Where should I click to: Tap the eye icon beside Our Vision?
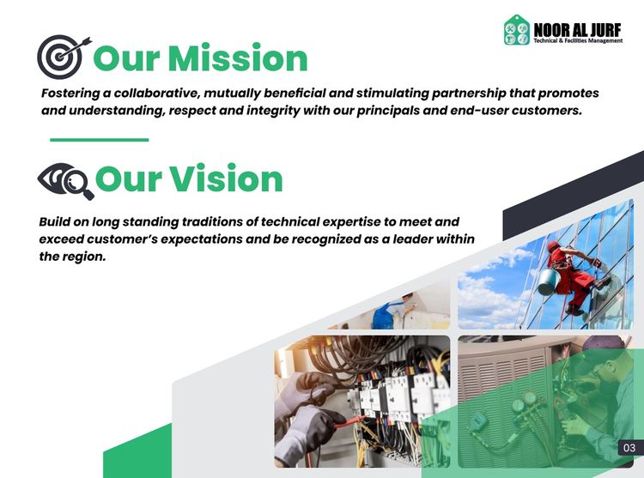(x=66, y=180)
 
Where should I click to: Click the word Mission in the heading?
(x=238, y=58)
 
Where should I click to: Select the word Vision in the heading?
(x=226, y=178)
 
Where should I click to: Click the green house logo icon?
(x=517, y=30)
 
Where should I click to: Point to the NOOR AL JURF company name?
(x=578, y=30)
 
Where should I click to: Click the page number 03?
(x=629, y=448)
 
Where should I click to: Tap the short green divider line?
(x=100, y=140)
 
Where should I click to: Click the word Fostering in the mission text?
(x=70, y=94)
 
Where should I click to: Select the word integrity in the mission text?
(x=273, y=111)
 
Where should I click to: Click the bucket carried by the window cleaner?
(x=549, y=281)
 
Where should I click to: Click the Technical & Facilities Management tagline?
(x=578, y=40)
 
